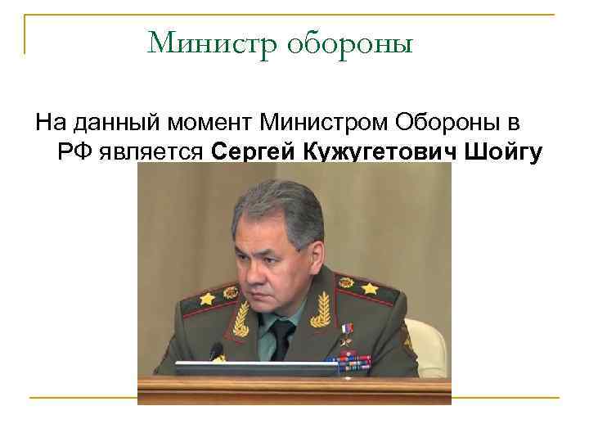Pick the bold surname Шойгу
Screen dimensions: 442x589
[x=502, y=151]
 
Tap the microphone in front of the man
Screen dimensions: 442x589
[x=216, y=352]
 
